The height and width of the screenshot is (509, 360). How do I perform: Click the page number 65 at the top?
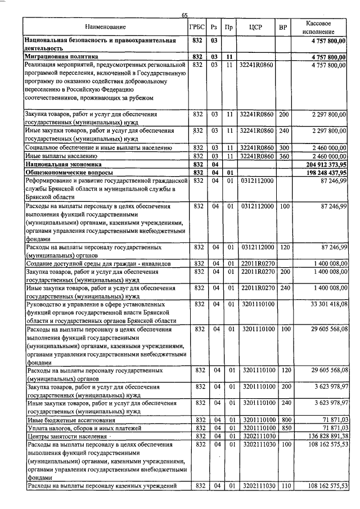[x=184, y=15]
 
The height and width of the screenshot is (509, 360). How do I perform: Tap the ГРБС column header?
[x=197, y=27]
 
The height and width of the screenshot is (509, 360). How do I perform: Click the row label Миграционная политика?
[x=61, y=57]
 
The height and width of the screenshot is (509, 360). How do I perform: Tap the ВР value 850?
[x=284, y=428]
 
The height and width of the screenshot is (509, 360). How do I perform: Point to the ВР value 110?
[x=284, y=485]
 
